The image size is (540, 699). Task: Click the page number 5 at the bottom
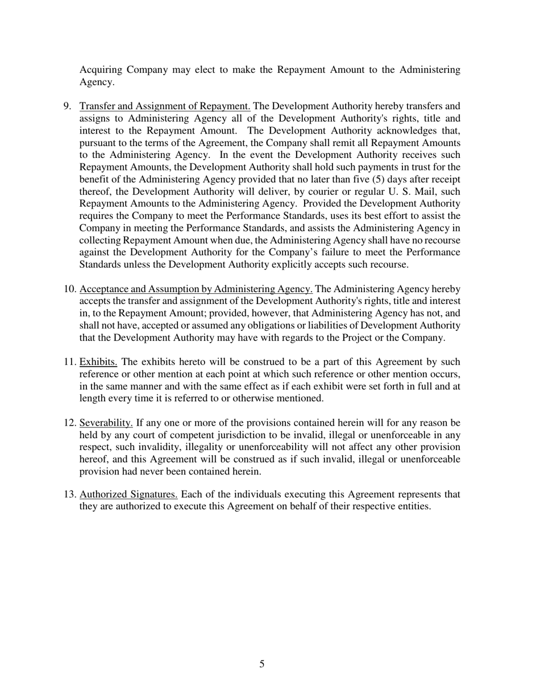point(261,664)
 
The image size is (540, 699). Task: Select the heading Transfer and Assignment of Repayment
point(165,106)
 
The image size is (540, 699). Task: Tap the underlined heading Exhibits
point(98,362)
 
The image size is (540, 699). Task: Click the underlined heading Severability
point(106,423)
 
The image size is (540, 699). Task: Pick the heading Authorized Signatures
point(129,494)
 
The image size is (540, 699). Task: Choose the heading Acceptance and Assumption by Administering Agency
point(196,289)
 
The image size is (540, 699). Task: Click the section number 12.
point(70,423)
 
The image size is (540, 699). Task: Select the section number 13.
point(70,494)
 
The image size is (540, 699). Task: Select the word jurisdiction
point(254,435)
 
